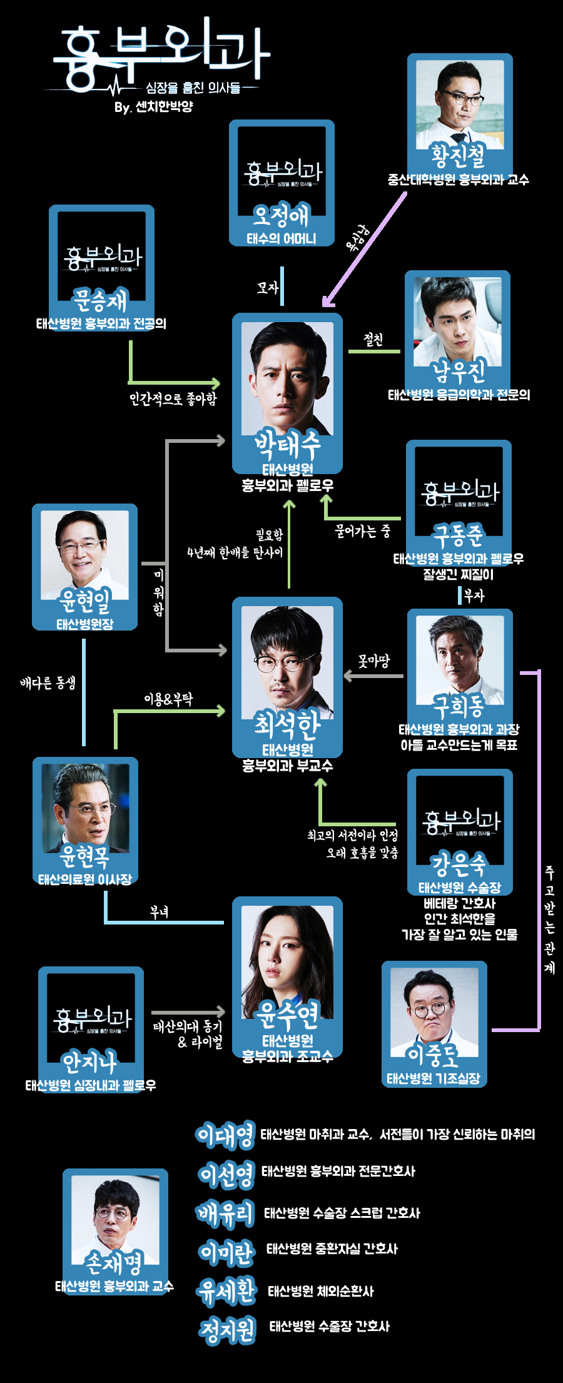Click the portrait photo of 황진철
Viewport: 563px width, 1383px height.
[x=459, y=103]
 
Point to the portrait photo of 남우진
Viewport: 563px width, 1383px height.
[x=457, y=319]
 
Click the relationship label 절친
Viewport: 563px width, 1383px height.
[x=373, y=340]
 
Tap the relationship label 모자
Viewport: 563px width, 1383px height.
[x=267, y=287]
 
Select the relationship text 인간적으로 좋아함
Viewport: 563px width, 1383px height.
[x=173, y=398]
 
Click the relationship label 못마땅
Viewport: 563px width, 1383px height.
[x=374, y=661]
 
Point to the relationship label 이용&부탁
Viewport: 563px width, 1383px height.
[x=168, y=699]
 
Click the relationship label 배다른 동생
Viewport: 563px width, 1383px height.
[x=48, y=682]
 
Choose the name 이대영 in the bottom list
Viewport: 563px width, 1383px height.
[x=226, y=1135]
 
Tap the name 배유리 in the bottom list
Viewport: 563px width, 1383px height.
[x=226, y=1213]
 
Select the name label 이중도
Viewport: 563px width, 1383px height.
[x=433, y=1056]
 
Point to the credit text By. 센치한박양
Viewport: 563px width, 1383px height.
[x=154, y=107]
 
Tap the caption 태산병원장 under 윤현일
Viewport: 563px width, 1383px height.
[x=85, y=624]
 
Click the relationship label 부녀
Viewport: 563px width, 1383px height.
[x=160, y=912]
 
